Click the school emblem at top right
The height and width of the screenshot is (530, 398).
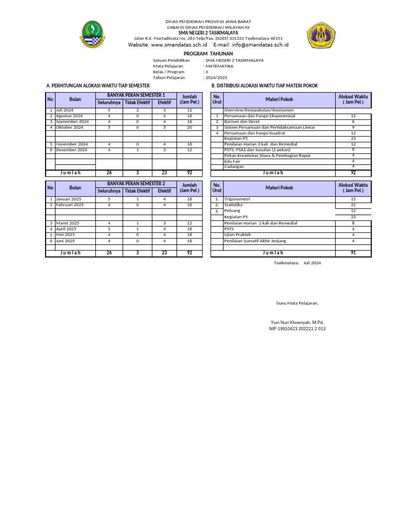(x=323, y=35)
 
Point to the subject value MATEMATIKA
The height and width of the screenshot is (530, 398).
(x=220, y=66)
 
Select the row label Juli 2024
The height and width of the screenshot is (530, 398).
(x=65, y=110)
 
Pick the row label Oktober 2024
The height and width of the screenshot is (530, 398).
(x=69, y=127)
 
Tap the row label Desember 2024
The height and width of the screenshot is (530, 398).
(x=72, y=150)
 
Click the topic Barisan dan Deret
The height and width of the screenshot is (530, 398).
(x=242, y=122)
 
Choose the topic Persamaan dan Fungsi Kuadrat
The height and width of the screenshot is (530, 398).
(x=255, y=133)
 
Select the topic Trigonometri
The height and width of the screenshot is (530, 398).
(x=237, y=199)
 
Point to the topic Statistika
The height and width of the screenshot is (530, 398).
(x=234, y=205)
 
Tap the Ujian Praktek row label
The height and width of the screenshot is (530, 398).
(x=237, y=234)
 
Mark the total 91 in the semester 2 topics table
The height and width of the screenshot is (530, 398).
(x=353, y=253)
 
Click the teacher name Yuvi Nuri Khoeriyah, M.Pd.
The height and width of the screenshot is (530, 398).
(x=293, y=322)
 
